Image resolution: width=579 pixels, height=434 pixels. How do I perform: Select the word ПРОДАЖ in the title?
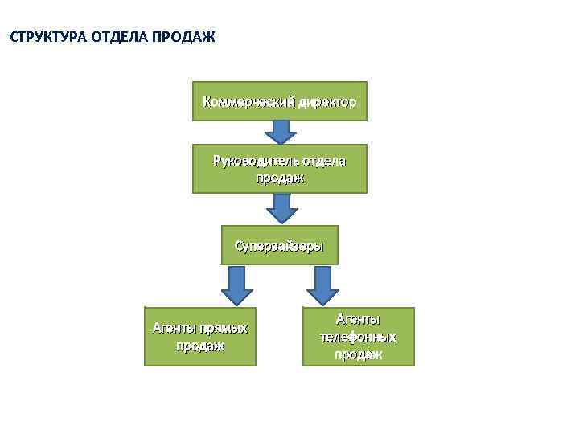click(182, 37)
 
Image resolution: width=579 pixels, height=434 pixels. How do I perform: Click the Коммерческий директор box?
click(279, 101)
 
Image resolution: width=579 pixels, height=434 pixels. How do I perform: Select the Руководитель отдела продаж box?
click(279, 169)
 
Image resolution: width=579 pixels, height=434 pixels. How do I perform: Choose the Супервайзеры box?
click(279, 245)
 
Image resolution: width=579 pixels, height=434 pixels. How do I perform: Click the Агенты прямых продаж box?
click(200, 337)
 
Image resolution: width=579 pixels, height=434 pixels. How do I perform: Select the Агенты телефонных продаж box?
click(358, 337)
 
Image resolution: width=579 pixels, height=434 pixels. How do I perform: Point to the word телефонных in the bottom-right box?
click(358, 337)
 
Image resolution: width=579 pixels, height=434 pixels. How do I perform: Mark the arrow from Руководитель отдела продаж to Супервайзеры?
click(281, 208)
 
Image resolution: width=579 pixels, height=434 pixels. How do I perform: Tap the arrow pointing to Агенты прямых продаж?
click(236, 286)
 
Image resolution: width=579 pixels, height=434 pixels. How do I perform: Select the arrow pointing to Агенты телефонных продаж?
click(322, 286)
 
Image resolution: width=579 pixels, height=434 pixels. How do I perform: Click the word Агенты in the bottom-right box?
click(358, 320)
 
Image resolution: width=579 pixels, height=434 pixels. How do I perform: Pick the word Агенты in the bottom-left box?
click(174, 328)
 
